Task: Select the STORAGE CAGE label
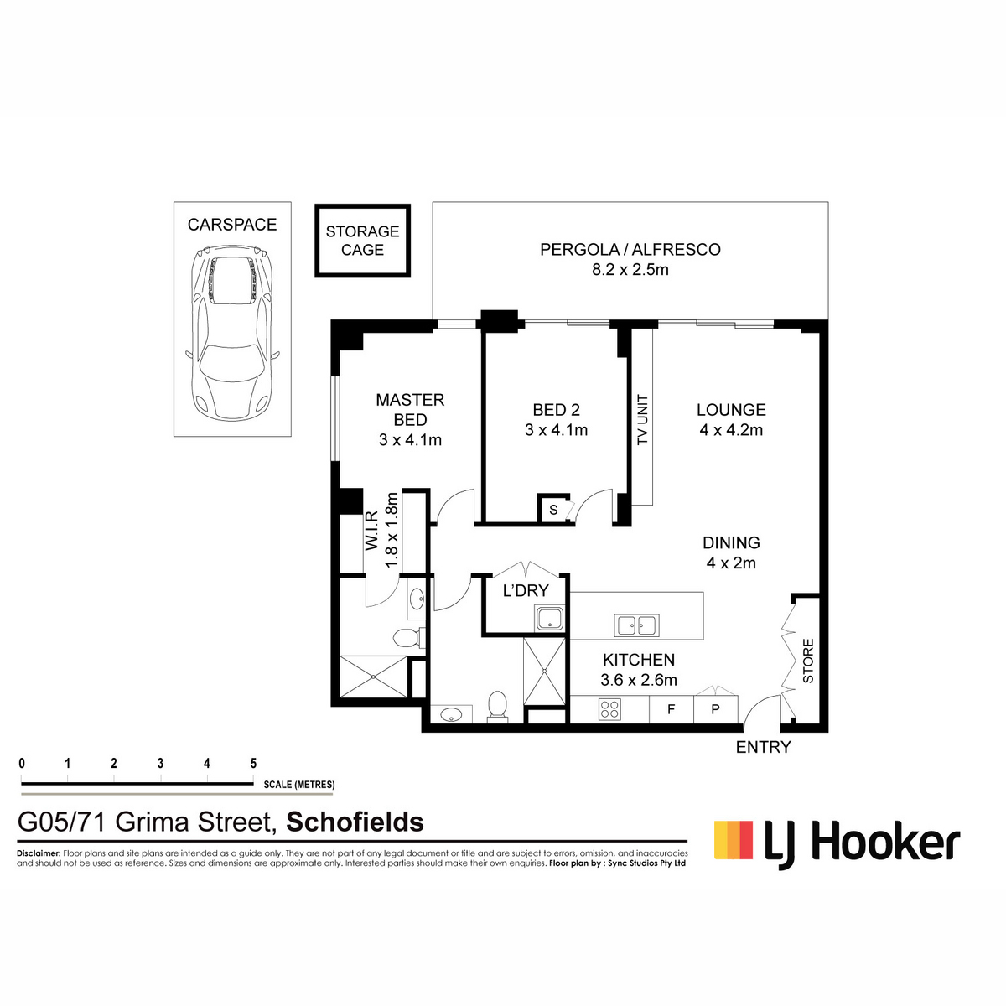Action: tap(362, 240)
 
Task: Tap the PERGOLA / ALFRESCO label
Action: tap(630, 250)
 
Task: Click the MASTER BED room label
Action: tap(410, 409)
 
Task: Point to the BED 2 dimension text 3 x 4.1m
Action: tap(557, 430)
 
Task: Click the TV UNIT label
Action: tap(643, 419)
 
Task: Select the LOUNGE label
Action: tap(731, 410)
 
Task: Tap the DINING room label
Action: tap(731, 543)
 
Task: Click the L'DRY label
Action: tap(526, 590)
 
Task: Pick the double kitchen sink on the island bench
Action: tap(636, 625)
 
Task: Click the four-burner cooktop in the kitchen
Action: tap(609, 709)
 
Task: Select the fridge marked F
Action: tap(672, 709)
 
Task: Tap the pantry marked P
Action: tap(716, 709)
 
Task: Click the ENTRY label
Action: tap(763, 747)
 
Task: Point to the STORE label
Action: tap(807, 661)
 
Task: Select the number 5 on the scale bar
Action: tap(253, 764)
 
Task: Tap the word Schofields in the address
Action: tap(355, 822)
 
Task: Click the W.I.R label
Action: tap(371, 531)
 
